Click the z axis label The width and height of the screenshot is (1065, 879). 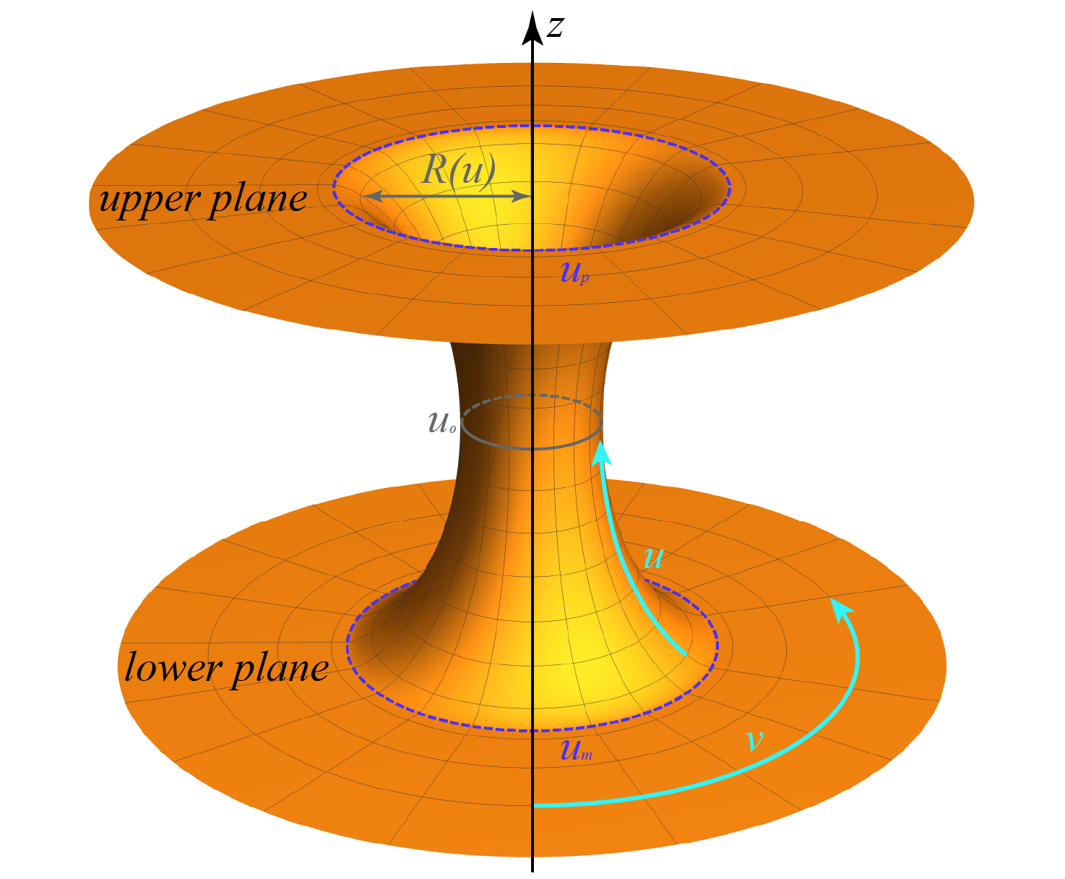coord(555,28)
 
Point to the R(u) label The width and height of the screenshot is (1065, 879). coord(458,171)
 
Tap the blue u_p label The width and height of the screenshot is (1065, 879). coord(574,273)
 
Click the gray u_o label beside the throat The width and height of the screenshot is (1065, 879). coord(441,423)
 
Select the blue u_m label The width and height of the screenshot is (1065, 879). coord(576,750)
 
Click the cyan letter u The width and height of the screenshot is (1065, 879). coord(652,558)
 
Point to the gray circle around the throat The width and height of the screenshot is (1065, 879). coord(532,448)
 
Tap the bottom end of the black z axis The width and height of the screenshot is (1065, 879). coord(532,869)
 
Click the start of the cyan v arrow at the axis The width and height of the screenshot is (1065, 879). coord(535,805)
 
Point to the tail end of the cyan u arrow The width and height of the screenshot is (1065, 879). coord(684,654)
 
